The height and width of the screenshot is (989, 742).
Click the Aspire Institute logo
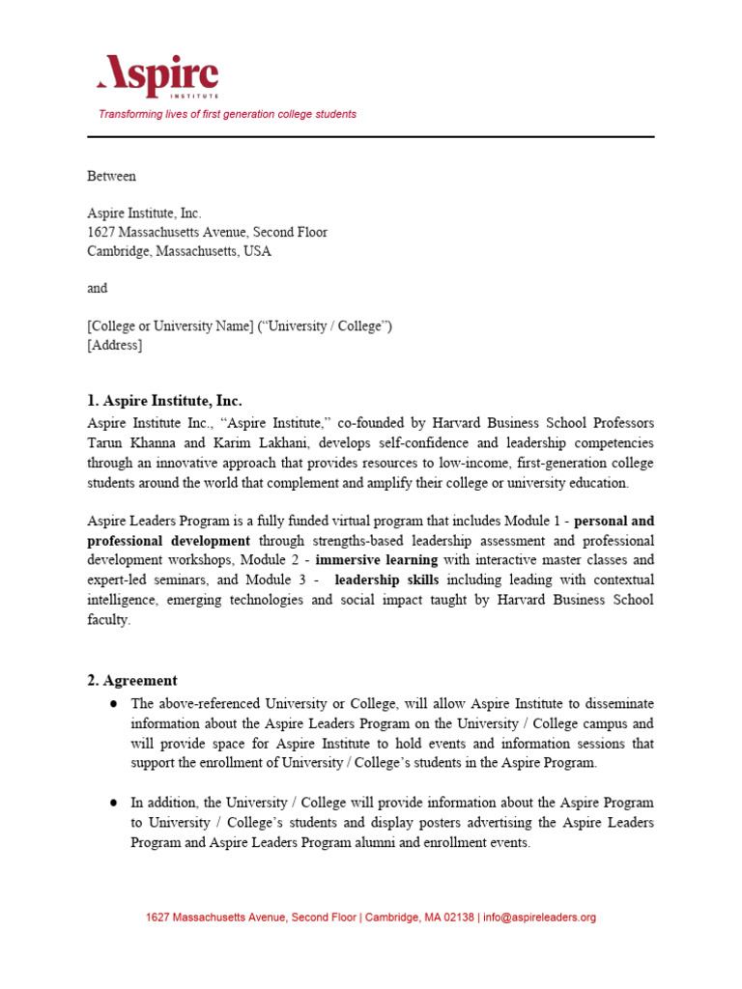click(x=157, y=76)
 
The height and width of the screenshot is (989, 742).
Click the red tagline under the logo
click(x=227, y=114)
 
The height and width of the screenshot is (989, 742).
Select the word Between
click(x=112, y=177)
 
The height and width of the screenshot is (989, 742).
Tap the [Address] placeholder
click(x=114, y=345)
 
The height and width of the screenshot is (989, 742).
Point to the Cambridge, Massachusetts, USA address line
click(x=179, y=251)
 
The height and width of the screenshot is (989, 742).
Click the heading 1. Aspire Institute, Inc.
click(x=164, y=401)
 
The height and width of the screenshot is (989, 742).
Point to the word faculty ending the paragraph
click(x=107, y=620)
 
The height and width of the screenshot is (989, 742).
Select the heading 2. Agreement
click(x=132, y=681)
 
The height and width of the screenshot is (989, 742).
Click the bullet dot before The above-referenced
click(x=113, y=704)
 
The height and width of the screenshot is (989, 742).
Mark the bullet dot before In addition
click(x=113, y=803)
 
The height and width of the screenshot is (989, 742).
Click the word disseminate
click(x=614, y=704)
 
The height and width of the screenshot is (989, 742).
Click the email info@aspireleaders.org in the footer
click(x=539, y=918)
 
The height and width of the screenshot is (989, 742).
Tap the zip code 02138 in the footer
click(x=458, y=918)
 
